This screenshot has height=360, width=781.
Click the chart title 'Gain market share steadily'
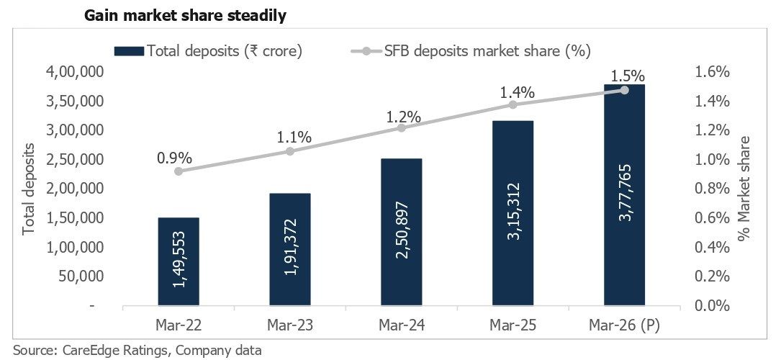coord(185,16)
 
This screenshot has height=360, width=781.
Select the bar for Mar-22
coord(179,261)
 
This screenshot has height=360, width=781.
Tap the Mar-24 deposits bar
coord(402,232)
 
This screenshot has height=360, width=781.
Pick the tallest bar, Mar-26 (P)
coord(625,194)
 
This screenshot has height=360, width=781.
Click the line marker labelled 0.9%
coord(179,171)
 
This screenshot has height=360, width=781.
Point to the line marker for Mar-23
coord(290,151)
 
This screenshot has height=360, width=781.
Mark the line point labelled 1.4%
coord(513,104)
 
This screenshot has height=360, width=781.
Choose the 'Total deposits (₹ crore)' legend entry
coord(208,51)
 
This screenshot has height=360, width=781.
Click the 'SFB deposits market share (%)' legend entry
coord(470,51)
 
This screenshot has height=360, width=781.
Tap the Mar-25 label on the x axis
coord(513,325)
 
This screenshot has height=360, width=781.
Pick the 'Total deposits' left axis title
coord(30,189)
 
